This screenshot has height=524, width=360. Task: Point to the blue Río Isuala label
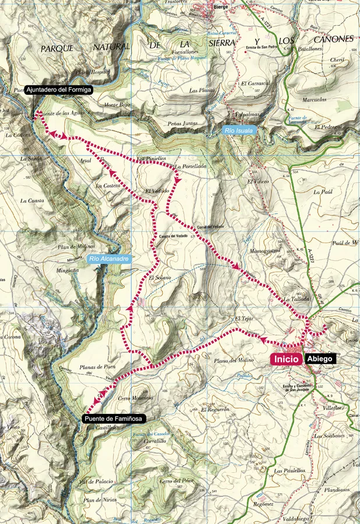239,131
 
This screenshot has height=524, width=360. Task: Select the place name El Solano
160,278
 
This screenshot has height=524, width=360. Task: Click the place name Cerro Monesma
136,398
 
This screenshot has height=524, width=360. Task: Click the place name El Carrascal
255,83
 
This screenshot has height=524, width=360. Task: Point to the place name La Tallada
295,299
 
